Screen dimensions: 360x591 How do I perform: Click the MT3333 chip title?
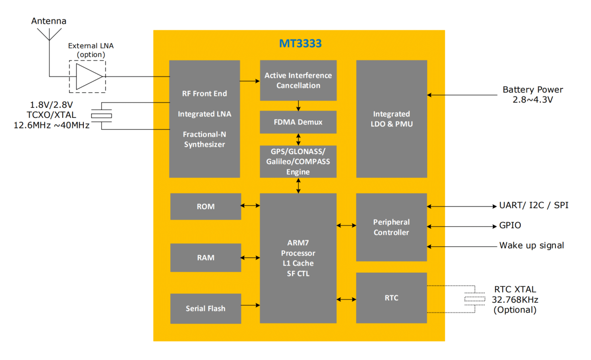[x=300, y=44]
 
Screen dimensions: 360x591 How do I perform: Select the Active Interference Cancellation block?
[x=298, y=81]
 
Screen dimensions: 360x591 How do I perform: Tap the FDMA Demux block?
[x=298, y=122]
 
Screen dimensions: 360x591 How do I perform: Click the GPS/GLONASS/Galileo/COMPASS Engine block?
[x=298, y=161]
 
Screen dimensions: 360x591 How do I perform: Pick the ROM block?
[x=206, y=206]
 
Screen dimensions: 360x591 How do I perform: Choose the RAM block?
[x=206, y=257]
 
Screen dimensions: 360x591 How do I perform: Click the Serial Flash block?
[x=206, y=309]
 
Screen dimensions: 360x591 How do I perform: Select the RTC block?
[x=391, y=298]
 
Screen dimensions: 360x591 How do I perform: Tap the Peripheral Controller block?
[x=391, y=227]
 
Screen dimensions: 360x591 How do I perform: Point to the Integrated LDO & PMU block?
[x=391, y=119]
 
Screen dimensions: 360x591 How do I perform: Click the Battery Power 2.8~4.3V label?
[x=532, y=94]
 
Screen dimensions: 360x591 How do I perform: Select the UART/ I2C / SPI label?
[x=534, y=206]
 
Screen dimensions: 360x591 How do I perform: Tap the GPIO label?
[x=510, y=226]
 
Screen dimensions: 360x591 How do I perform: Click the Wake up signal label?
[x=531, y=245]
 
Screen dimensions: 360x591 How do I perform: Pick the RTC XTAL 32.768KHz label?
[x=514, y=299]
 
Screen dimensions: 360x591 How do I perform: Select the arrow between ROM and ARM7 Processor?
[x=250, y=206]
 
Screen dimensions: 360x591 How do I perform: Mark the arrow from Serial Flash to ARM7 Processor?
[x=250, y=305]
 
